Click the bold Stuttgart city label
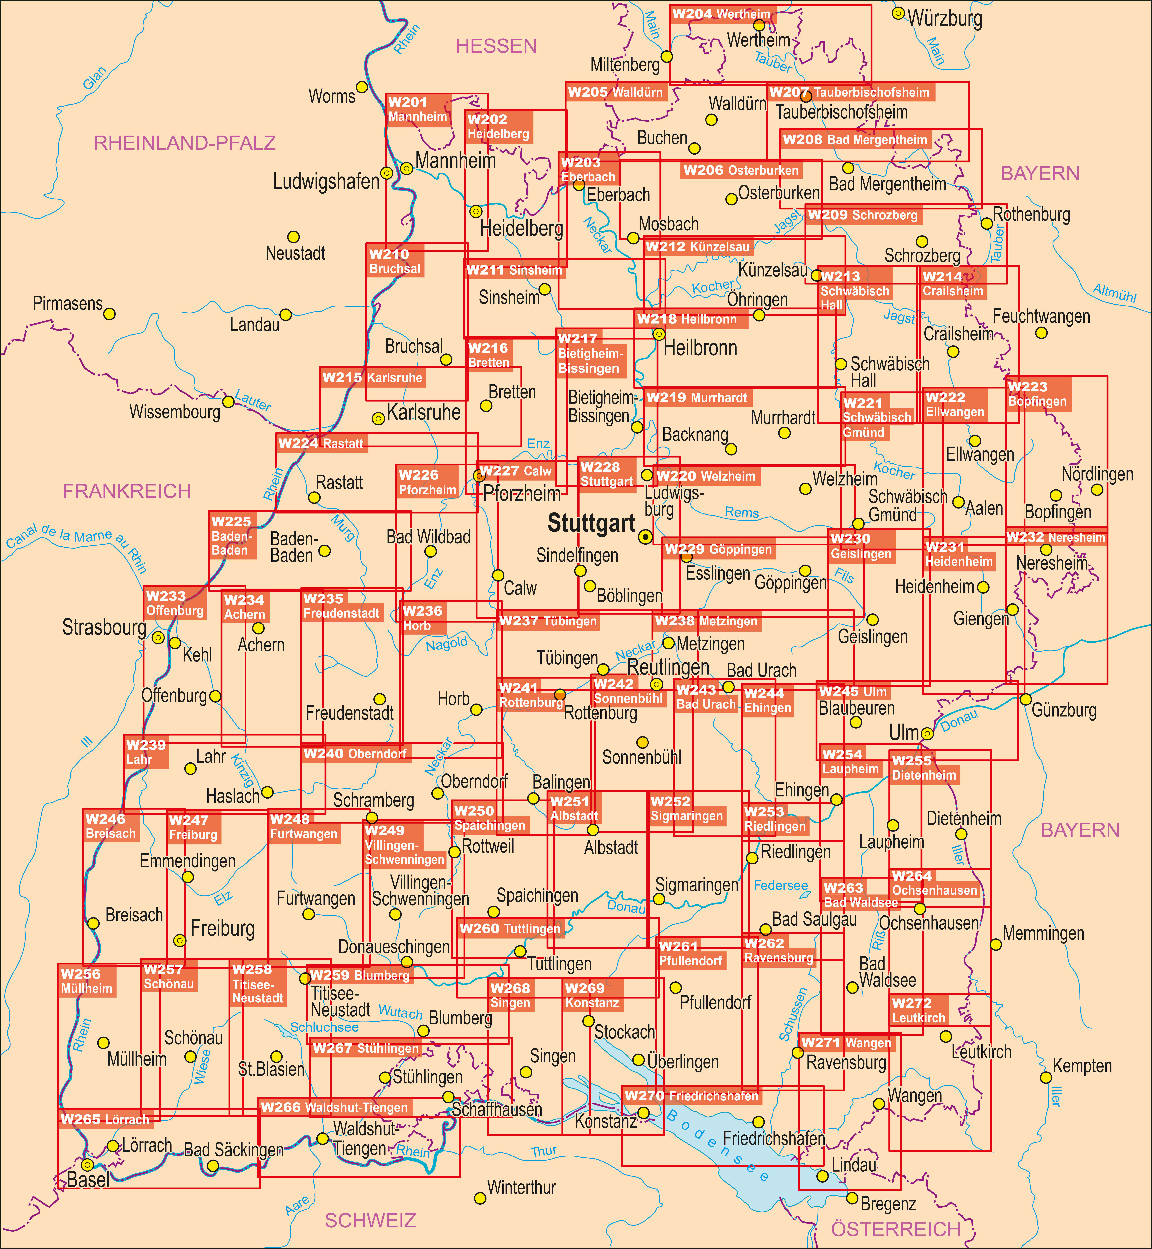(x=591, y=523)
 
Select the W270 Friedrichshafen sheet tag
(x=691, y=1096)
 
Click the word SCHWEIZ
(x=370, y=1220)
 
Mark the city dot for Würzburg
(x=898, y=13)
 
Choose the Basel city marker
(x=88, y=1165)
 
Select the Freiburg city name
(x=222, y=929)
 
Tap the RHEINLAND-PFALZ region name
(x=185, y=143)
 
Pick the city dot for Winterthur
(x=480, y=1198)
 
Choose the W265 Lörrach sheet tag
(x=105, y=1119)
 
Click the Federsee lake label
(x=780, y=885)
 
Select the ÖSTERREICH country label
(x=896, y=1229)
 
